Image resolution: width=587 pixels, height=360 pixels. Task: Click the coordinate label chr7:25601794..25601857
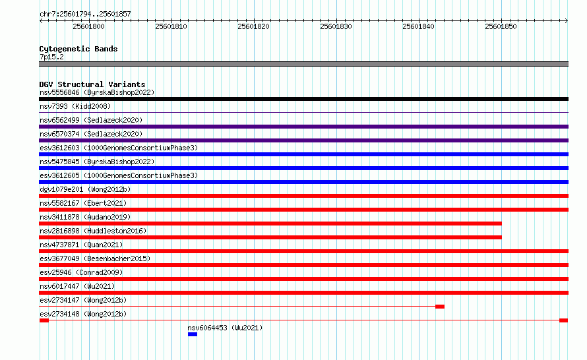[x=85, y=15]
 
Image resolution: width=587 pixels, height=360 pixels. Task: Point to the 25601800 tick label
[x=89, y=26]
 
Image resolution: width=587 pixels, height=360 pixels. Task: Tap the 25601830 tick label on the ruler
[x=336, y=26]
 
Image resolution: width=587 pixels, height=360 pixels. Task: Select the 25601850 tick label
[x=501, y=26]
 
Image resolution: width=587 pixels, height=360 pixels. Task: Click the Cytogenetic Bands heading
[x=78, y=49]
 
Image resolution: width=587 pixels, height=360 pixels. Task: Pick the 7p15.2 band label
[x=51, y=57]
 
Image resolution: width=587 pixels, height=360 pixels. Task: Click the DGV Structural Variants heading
[x=92, y=84]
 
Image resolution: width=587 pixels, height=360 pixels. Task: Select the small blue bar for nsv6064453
[x=193, y=334]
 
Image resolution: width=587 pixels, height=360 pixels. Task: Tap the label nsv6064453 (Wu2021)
[x=225, y=328]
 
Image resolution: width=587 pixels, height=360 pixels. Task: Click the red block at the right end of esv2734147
[x=440, y=307]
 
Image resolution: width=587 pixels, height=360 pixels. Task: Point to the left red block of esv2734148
[x=44, y=320]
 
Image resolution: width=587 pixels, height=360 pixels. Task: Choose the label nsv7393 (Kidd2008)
[x=75, y=106]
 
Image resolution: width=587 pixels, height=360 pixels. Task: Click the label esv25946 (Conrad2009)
[x=81, y=272]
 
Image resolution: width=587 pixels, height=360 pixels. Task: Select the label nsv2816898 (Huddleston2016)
[x=93, y=231]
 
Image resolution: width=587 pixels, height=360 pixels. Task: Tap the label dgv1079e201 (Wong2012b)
[x=85, y=189]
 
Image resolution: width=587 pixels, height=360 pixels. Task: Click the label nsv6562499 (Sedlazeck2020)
[x=91, y=120]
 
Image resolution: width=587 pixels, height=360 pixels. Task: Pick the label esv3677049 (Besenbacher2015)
[x=95, y=258]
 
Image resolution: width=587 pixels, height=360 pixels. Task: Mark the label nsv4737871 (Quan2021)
[x=81, y=245]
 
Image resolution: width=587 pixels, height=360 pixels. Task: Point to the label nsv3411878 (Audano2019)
[x=85, y=217]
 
